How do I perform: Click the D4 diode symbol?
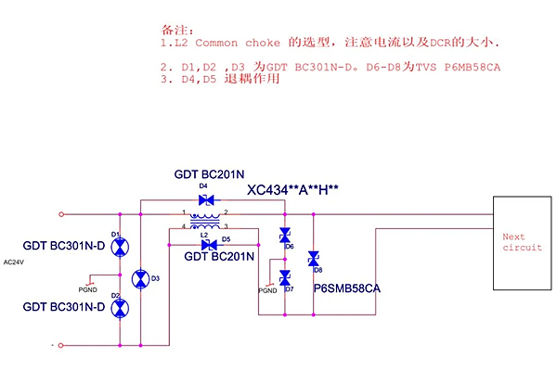[x=208, y=199]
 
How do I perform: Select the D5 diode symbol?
[x=208, y=244]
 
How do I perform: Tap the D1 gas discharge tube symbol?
[x=120, y=246]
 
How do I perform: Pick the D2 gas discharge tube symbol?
[x=120, y=308]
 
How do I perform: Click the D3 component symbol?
[x=140, y=278]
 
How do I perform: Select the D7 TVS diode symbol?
[x=285, y=276]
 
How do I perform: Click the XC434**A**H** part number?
[x=292, y=190]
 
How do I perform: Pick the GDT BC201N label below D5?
[x=218, y=256]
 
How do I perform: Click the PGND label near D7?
[x=267, y=290]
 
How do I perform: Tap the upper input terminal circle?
[x=61, y=213]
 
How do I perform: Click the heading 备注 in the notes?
[x=173, y=30]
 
